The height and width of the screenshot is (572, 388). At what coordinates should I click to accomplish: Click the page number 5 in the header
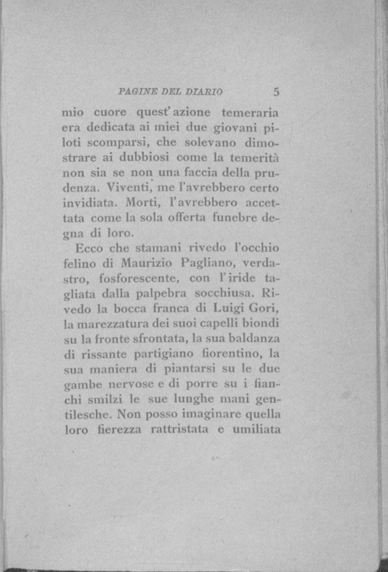tap(277, 92)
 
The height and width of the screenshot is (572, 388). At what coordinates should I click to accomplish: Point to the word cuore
tap(110, 113)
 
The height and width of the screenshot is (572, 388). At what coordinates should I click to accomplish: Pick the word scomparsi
tap(117, 142)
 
